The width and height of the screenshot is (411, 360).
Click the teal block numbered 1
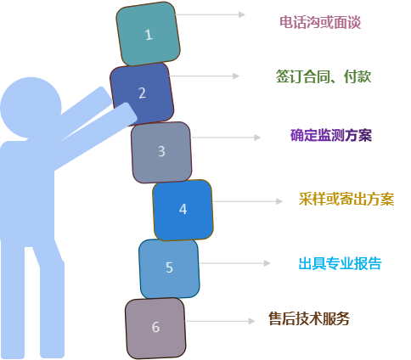148,34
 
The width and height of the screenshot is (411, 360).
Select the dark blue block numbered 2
142,93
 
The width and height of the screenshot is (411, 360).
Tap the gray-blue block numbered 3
161,152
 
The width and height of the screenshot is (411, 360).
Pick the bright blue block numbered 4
183,210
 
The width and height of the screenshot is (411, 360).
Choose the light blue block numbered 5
169,268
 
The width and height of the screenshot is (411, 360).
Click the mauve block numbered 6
155,329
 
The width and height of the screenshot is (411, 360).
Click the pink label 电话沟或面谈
320,22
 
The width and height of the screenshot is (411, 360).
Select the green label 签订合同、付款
324,76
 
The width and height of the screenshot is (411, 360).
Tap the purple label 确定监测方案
331,135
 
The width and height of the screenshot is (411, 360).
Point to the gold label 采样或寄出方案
346,199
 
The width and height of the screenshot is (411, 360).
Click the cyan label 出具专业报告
340,263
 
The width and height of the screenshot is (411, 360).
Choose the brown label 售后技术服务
309,319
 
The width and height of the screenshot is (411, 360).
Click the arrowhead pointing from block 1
242,14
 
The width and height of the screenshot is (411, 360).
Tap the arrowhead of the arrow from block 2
236,76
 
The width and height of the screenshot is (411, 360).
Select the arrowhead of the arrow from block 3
257,138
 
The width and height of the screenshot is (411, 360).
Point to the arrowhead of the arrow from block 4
279,201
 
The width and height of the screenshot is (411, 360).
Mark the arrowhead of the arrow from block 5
267,263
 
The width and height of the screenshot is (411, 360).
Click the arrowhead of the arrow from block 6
251,321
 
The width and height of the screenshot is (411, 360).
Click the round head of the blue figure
31,108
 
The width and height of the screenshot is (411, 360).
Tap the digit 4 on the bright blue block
183,209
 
